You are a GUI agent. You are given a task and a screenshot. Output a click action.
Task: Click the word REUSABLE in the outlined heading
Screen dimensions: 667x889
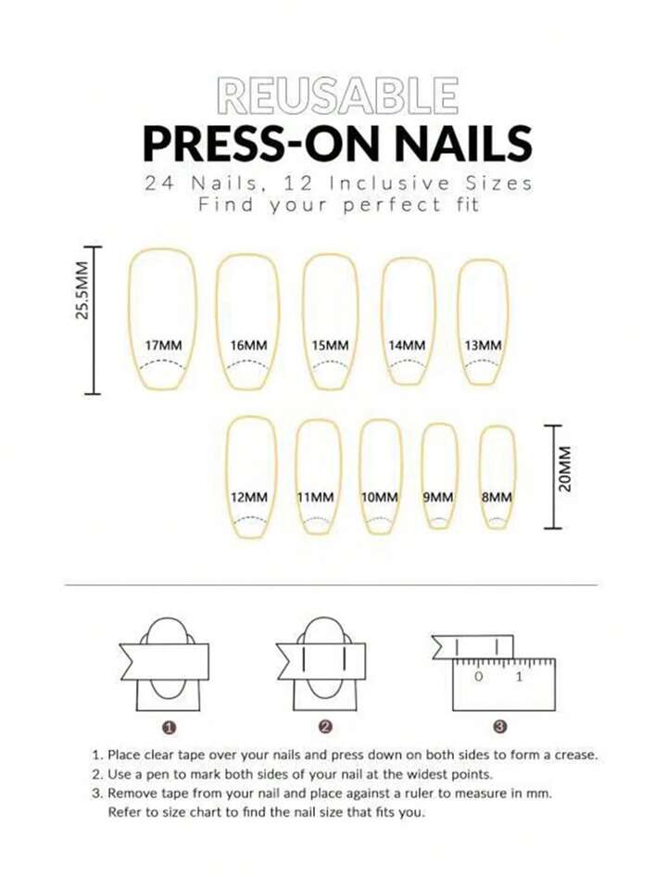click(338, 95)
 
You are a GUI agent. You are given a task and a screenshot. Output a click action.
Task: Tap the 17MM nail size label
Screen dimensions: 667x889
click(163, 345)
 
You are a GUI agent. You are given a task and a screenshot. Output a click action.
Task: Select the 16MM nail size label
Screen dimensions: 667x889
click(249, 345)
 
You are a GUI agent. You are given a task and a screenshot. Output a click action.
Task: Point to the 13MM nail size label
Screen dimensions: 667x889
click(483, 345)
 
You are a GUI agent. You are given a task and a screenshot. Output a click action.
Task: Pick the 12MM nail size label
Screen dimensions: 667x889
click(249, 497)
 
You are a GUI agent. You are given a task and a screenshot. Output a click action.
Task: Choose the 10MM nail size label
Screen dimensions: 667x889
click(380, 497)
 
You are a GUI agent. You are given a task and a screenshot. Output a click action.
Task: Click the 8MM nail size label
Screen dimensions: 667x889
click(497, 497)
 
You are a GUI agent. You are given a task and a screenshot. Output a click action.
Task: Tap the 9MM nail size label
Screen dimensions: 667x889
click(438, 497)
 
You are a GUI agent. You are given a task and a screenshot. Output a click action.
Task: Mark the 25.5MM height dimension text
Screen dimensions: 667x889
click(82, 290)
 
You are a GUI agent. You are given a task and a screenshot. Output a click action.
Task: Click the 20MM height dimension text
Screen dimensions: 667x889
click(564, 469)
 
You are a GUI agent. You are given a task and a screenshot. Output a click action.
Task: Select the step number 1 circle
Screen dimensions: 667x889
click(169, 727)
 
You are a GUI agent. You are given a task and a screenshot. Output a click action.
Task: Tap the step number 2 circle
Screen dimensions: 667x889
click(325, 726)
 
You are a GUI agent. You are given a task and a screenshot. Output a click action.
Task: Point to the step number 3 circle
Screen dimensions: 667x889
click(500, 726)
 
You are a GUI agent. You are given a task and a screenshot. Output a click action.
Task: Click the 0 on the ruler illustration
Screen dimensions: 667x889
click(479, 677)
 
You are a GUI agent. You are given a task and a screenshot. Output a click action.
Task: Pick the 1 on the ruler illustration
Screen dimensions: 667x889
click(519, 677)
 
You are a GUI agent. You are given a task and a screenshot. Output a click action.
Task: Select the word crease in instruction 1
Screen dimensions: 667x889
click(576, 756)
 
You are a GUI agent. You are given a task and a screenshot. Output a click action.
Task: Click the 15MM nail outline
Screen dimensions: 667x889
click(331, 321)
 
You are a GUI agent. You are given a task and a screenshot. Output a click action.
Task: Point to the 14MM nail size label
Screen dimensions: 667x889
click(407, 345)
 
